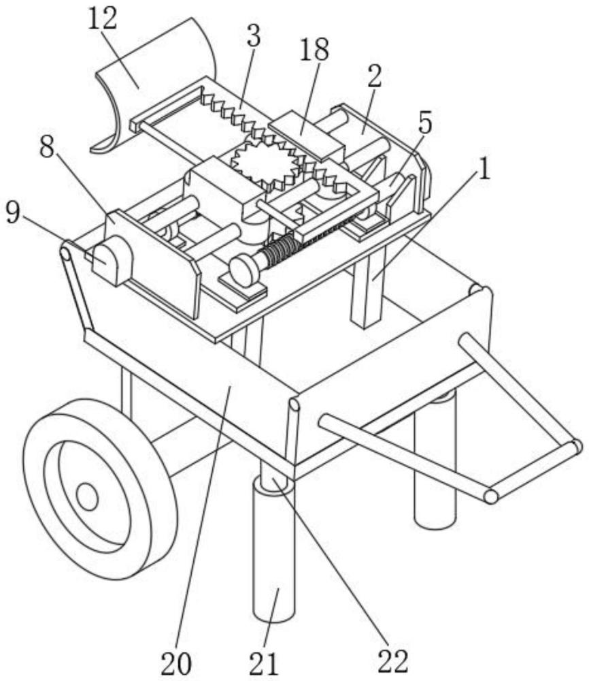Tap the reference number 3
tap(252, 36)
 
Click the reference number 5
tap(425, 123)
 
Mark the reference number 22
tap(392, 659)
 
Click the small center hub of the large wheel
tap(87, 497)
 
